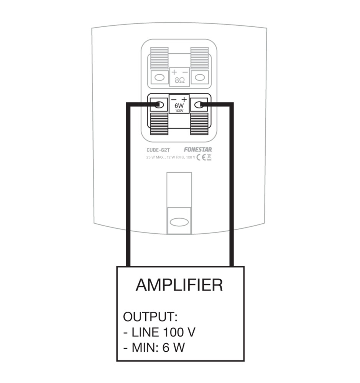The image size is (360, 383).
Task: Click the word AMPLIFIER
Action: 179,285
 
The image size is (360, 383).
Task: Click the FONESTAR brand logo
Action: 197,150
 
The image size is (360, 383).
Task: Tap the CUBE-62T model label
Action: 157,150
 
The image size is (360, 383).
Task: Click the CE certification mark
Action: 201,157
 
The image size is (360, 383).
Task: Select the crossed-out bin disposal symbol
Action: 209,157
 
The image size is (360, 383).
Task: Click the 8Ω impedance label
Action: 179,80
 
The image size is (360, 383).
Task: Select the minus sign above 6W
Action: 174,98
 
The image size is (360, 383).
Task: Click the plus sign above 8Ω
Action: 174,72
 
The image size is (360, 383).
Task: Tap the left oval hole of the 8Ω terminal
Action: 158,78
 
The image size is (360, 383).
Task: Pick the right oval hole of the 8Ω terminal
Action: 200,78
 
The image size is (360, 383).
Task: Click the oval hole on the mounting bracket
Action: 179,222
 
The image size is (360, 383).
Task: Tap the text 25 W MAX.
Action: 156,157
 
